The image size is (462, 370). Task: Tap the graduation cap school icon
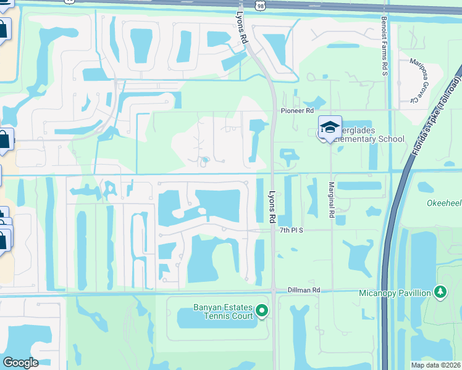330,128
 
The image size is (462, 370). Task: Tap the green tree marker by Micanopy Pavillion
440,290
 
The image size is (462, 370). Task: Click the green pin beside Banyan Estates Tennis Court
262,311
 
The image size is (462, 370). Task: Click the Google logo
20,363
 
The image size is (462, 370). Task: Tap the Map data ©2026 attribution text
436,365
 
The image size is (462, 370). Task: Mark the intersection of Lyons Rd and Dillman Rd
272,290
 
